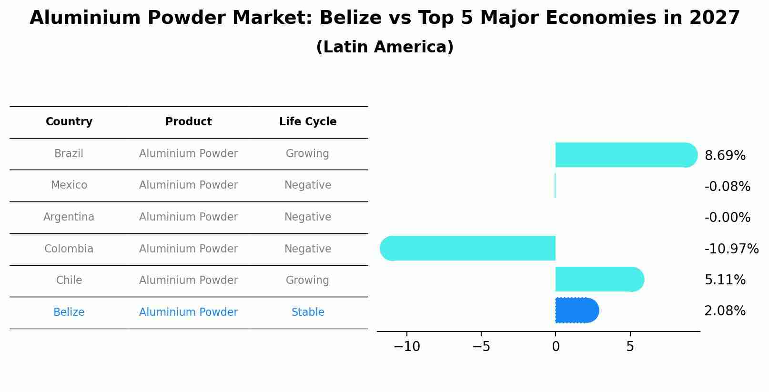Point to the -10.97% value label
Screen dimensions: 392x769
[731, 249]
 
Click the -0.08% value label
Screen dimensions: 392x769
[727, 186]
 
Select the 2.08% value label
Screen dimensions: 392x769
[725, 311]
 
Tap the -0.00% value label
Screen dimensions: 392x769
[727, 217]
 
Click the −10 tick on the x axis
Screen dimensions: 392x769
[406, 347]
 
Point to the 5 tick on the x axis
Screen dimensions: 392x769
[630, 347]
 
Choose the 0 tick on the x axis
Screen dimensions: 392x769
[556, 347]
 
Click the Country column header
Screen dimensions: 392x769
[69, 122]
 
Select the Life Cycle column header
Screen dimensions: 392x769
[308, 122]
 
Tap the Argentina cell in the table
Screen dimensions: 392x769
[69, 217]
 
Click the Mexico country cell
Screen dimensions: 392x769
[69, 185]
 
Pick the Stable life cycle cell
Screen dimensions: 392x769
[308, 312]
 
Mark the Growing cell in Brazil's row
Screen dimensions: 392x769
[307, 154]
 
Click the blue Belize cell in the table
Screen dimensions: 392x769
[69, 312]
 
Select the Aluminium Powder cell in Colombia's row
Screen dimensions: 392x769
[188, 249]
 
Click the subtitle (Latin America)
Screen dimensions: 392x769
[384, 47]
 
